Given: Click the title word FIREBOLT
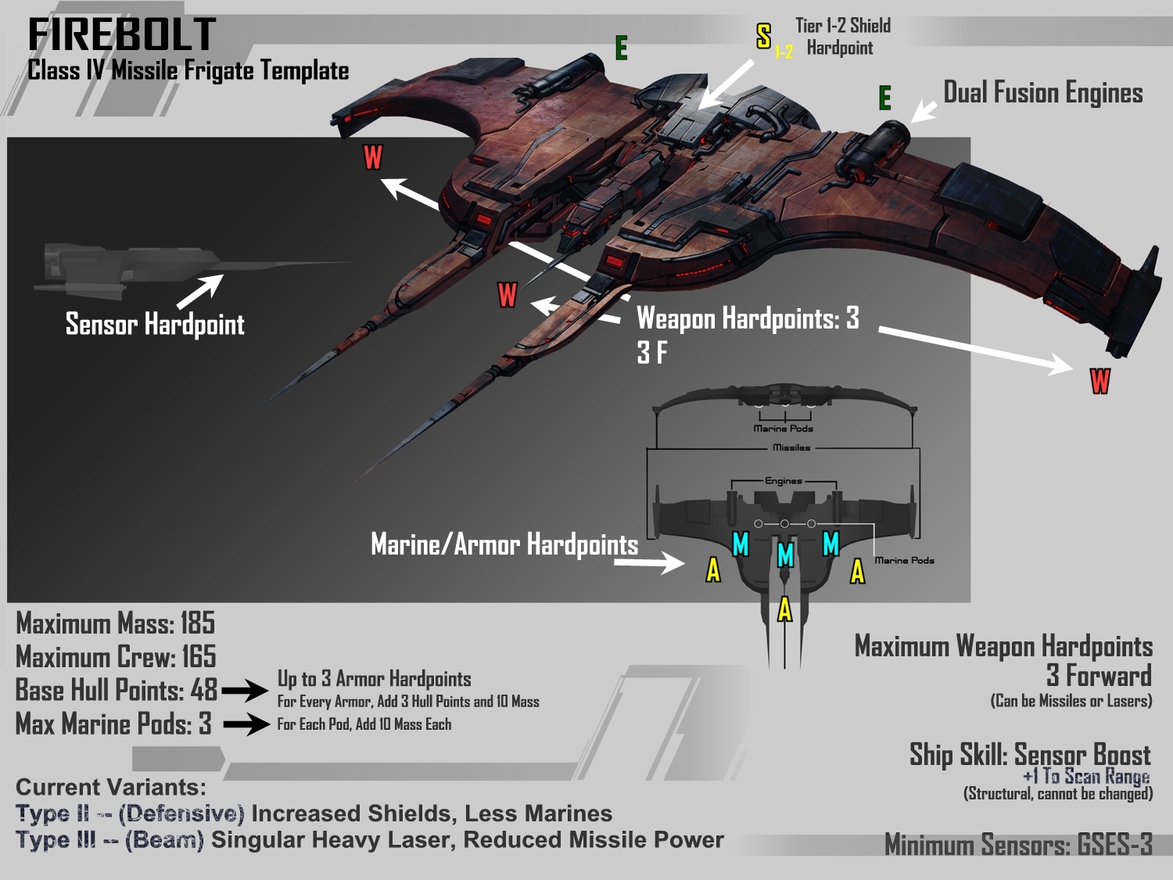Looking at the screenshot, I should (x=121, y=35).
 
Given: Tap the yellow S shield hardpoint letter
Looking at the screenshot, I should (x=764, y=36).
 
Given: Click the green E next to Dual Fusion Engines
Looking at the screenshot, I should (x=884, y=98).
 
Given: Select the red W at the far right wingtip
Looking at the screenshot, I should (x=1099, y=381).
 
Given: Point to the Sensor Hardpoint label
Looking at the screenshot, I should (x=155, y=324).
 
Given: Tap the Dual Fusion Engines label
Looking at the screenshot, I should (x=1042, y=92).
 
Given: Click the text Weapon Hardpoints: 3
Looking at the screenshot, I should (x=748, y=318).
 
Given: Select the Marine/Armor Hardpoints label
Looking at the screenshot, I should (x=504, y=544).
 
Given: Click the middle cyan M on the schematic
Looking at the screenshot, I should (x=785, y=555).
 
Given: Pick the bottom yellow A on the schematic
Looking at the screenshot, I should (x=785, y=609).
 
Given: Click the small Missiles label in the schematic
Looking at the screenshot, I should (x=791, y=447).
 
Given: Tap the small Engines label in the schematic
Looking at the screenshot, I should (x=783, y=481).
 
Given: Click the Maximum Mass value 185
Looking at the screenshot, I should (x=197, y=623).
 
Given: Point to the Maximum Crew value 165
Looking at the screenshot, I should (x=199, y=657).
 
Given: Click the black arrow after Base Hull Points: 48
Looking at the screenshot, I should (x=245, y=691).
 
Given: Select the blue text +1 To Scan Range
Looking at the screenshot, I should (x=1086, y=776).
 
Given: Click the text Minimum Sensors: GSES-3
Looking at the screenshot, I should (x=1018, y=845).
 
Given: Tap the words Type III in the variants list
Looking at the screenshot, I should (x=55, y=840).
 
